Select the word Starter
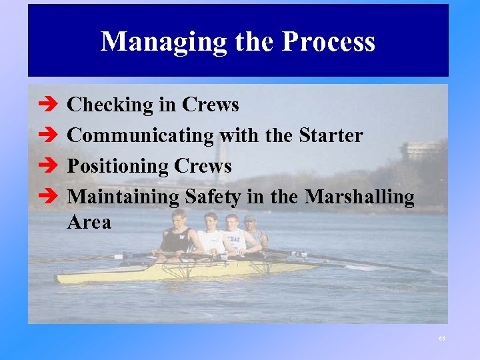point(331,136)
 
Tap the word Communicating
point(141,136)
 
